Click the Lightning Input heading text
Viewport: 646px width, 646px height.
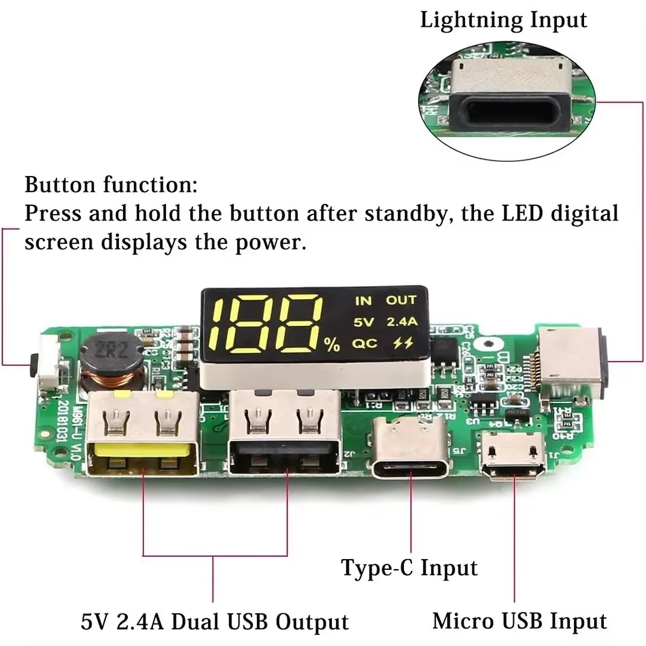pyautogui.click(x=503, y=20)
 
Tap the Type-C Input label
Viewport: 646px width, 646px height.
pyautogui.click(x=409, y=568)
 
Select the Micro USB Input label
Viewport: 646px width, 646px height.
pyautogui.click(x=520, y=621)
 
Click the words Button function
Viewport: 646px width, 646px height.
pyautogui.click(x=110, y=185)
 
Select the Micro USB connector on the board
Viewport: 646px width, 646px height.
pyautogui.click(x=514, y=455)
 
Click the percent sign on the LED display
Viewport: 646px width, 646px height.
pyautogui.click(x=332, y=345)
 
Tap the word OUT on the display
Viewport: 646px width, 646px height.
pyautogui.click(x=401, y=300)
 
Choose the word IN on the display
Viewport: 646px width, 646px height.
pyautogui.click(x=363, y=300)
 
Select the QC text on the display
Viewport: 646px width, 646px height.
pyautogui.click(x=364, y=343)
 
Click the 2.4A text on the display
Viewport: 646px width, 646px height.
pyautogui.click(x=402, y=322)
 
